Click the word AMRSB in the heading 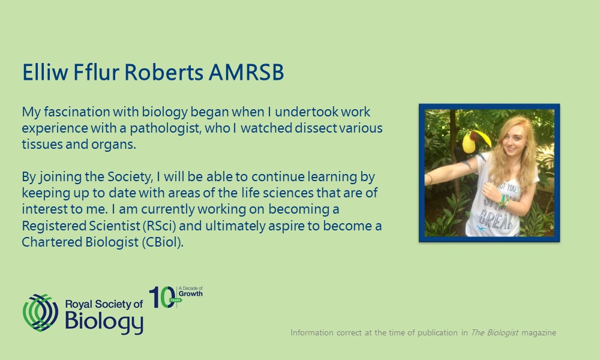246,72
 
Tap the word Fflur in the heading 96,72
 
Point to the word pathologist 166,128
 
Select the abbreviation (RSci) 159,226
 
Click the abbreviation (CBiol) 163,242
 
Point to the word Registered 54,226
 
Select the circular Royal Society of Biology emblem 41,313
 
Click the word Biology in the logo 104,322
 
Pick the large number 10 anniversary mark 162,297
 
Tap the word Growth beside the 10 191,294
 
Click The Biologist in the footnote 494,333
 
